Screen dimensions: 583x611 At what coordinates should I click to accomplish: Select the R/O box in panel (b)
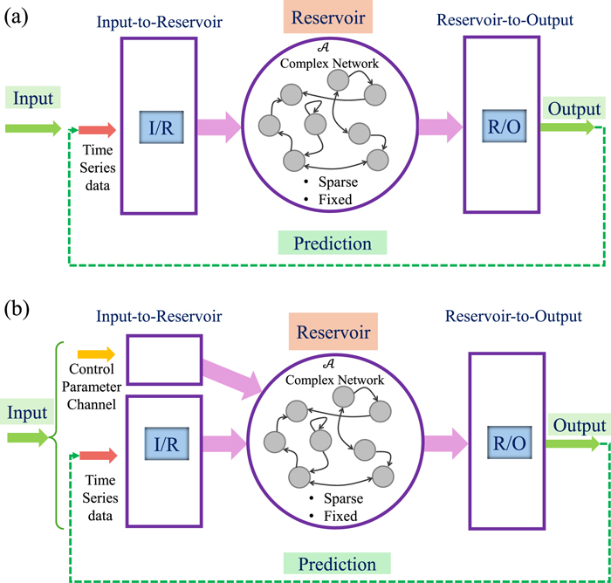pos(506,443)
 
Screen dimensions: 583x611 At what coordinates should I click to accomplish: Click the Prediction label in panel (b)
pos(336,565)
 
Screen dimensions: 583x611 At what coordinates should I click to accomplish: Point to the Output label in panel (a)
pos(573,109)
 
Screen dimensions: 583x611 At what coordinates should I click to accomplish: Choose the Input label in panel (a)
pos(31,98)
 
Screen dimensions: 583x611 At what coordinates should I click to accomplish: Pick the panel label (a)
pos(17,16)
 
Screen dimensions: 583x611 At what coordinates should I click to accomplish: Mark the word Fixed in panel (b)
pos(334,517)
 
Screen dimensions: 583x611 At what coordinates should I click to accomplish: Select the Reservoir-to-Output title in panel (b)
pos(522,316)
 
